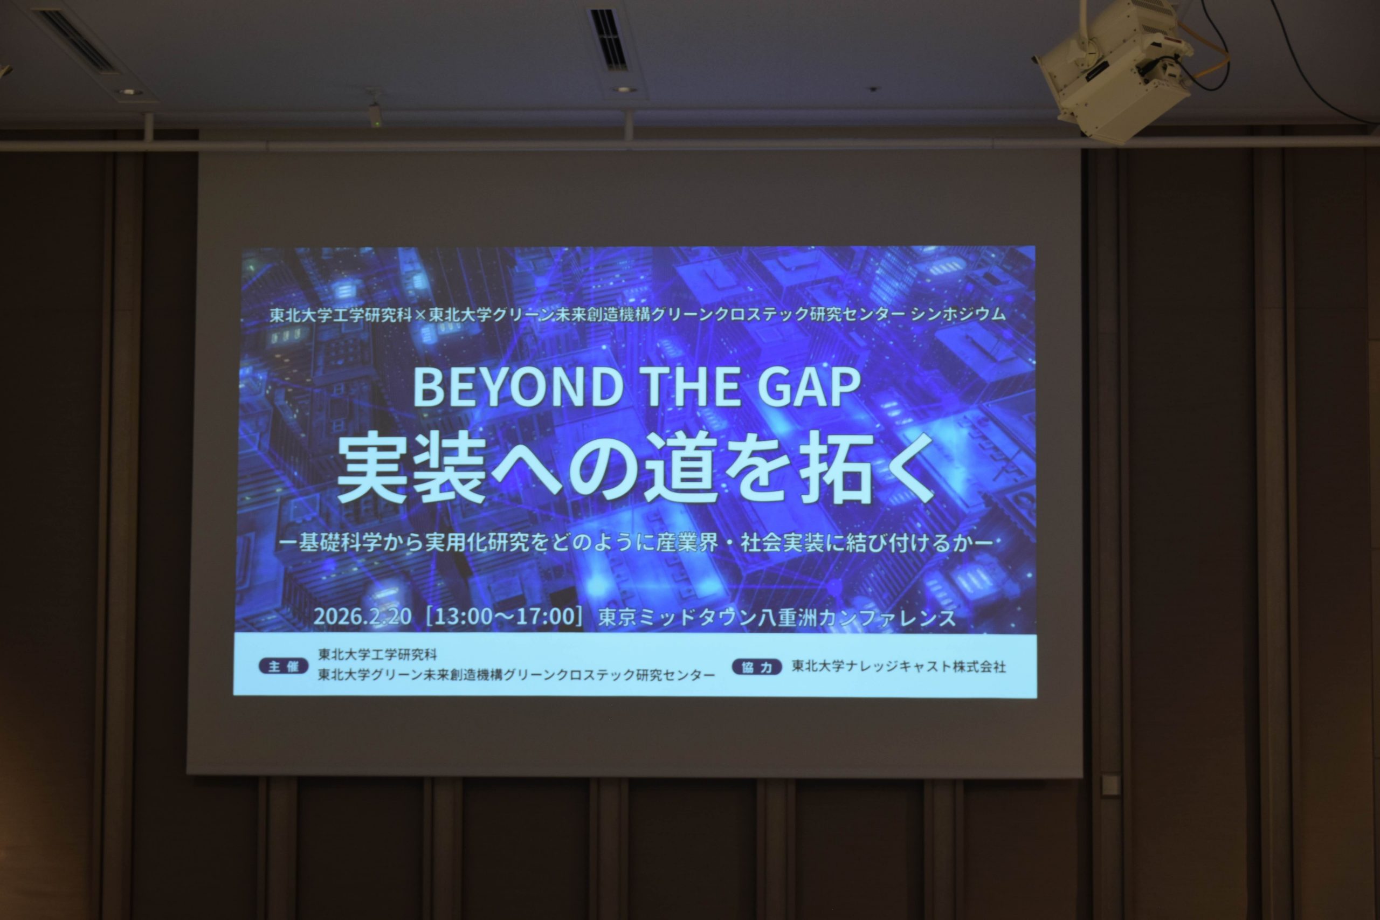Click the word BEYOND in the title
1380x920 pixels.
pos(518,388)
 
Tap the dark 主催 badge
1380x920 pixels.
pos(283,667)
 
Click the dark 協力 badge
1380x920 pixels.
pos(757,667)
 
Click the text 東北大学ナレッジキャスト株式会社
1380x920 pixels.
pos(899,667)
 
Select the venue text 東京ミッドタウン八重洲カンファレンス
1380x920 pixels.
pos(777,618)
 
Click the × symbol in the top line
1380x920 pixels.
pos(420,315)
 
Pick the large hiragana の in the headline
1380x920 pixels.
pos(606,468)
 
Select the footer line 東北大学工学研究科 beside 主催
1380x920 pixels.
pos(377,654)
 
